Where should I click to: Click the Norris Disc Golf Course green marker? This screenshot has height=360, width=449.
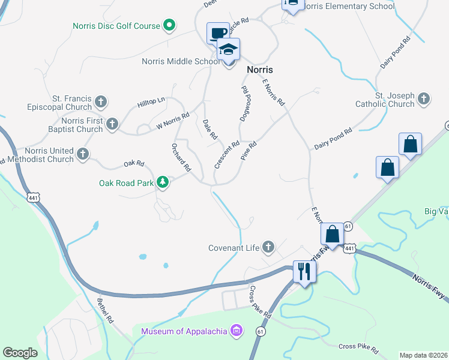point(169,26)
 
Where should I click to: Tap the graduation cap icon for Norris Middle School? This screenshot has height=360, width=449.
point(228,49)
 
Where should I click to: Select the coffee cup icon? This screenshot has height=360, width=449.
point(217,32)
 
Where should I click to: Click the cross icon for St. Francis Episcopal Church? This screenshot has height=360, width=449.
point(101,102)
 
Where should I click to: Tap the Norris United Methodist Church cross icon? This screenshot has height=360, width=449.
point(82,155)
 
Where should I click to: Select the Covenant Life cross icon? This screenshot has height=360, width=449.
point(267,247)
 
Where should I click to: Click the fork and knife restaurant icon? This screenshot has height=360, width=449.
point(304,271)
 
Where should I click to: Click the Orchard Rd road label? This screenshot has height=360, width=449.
point(181,157)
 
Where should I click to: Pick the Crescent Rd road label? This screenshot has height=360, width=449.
point(228,154)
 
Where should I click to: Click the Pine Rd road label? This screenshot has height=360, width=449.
point(249,149)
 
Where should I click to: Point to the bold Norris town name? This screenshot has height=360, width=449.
point(261,70)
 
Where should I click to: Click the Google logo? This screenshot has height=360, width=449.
point(20,353)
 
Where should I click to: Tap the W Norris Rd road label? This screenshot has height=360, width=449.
point(173,121)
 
